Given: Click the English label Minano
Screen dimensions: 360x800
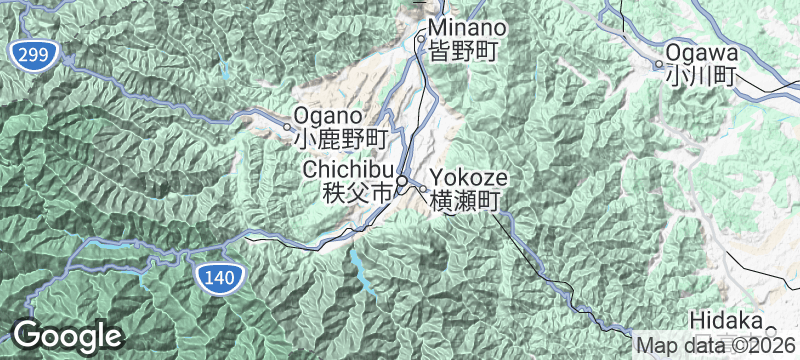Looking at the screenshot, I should tap(467, 29).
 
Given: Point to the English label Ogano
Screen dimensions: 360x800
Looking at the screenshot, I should tap(328, 116).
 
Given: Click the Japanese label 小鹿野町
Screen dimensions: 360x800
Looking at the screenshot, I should tap(340, 138).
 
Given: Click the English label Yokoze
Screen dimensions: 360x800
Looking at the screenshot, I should tap(469, 179).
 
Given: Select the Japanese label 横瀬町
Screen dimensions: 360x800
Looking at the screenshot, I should tap(465, 201).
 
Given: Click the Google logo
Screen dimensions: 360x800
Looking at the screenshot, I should tap(67, 336).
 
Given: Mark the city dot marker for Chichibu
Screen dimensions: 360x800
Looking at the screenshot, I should tap(402, 181).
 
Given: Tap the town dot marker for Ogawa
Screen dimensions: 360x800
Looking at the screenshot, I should tap(659, 65).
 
